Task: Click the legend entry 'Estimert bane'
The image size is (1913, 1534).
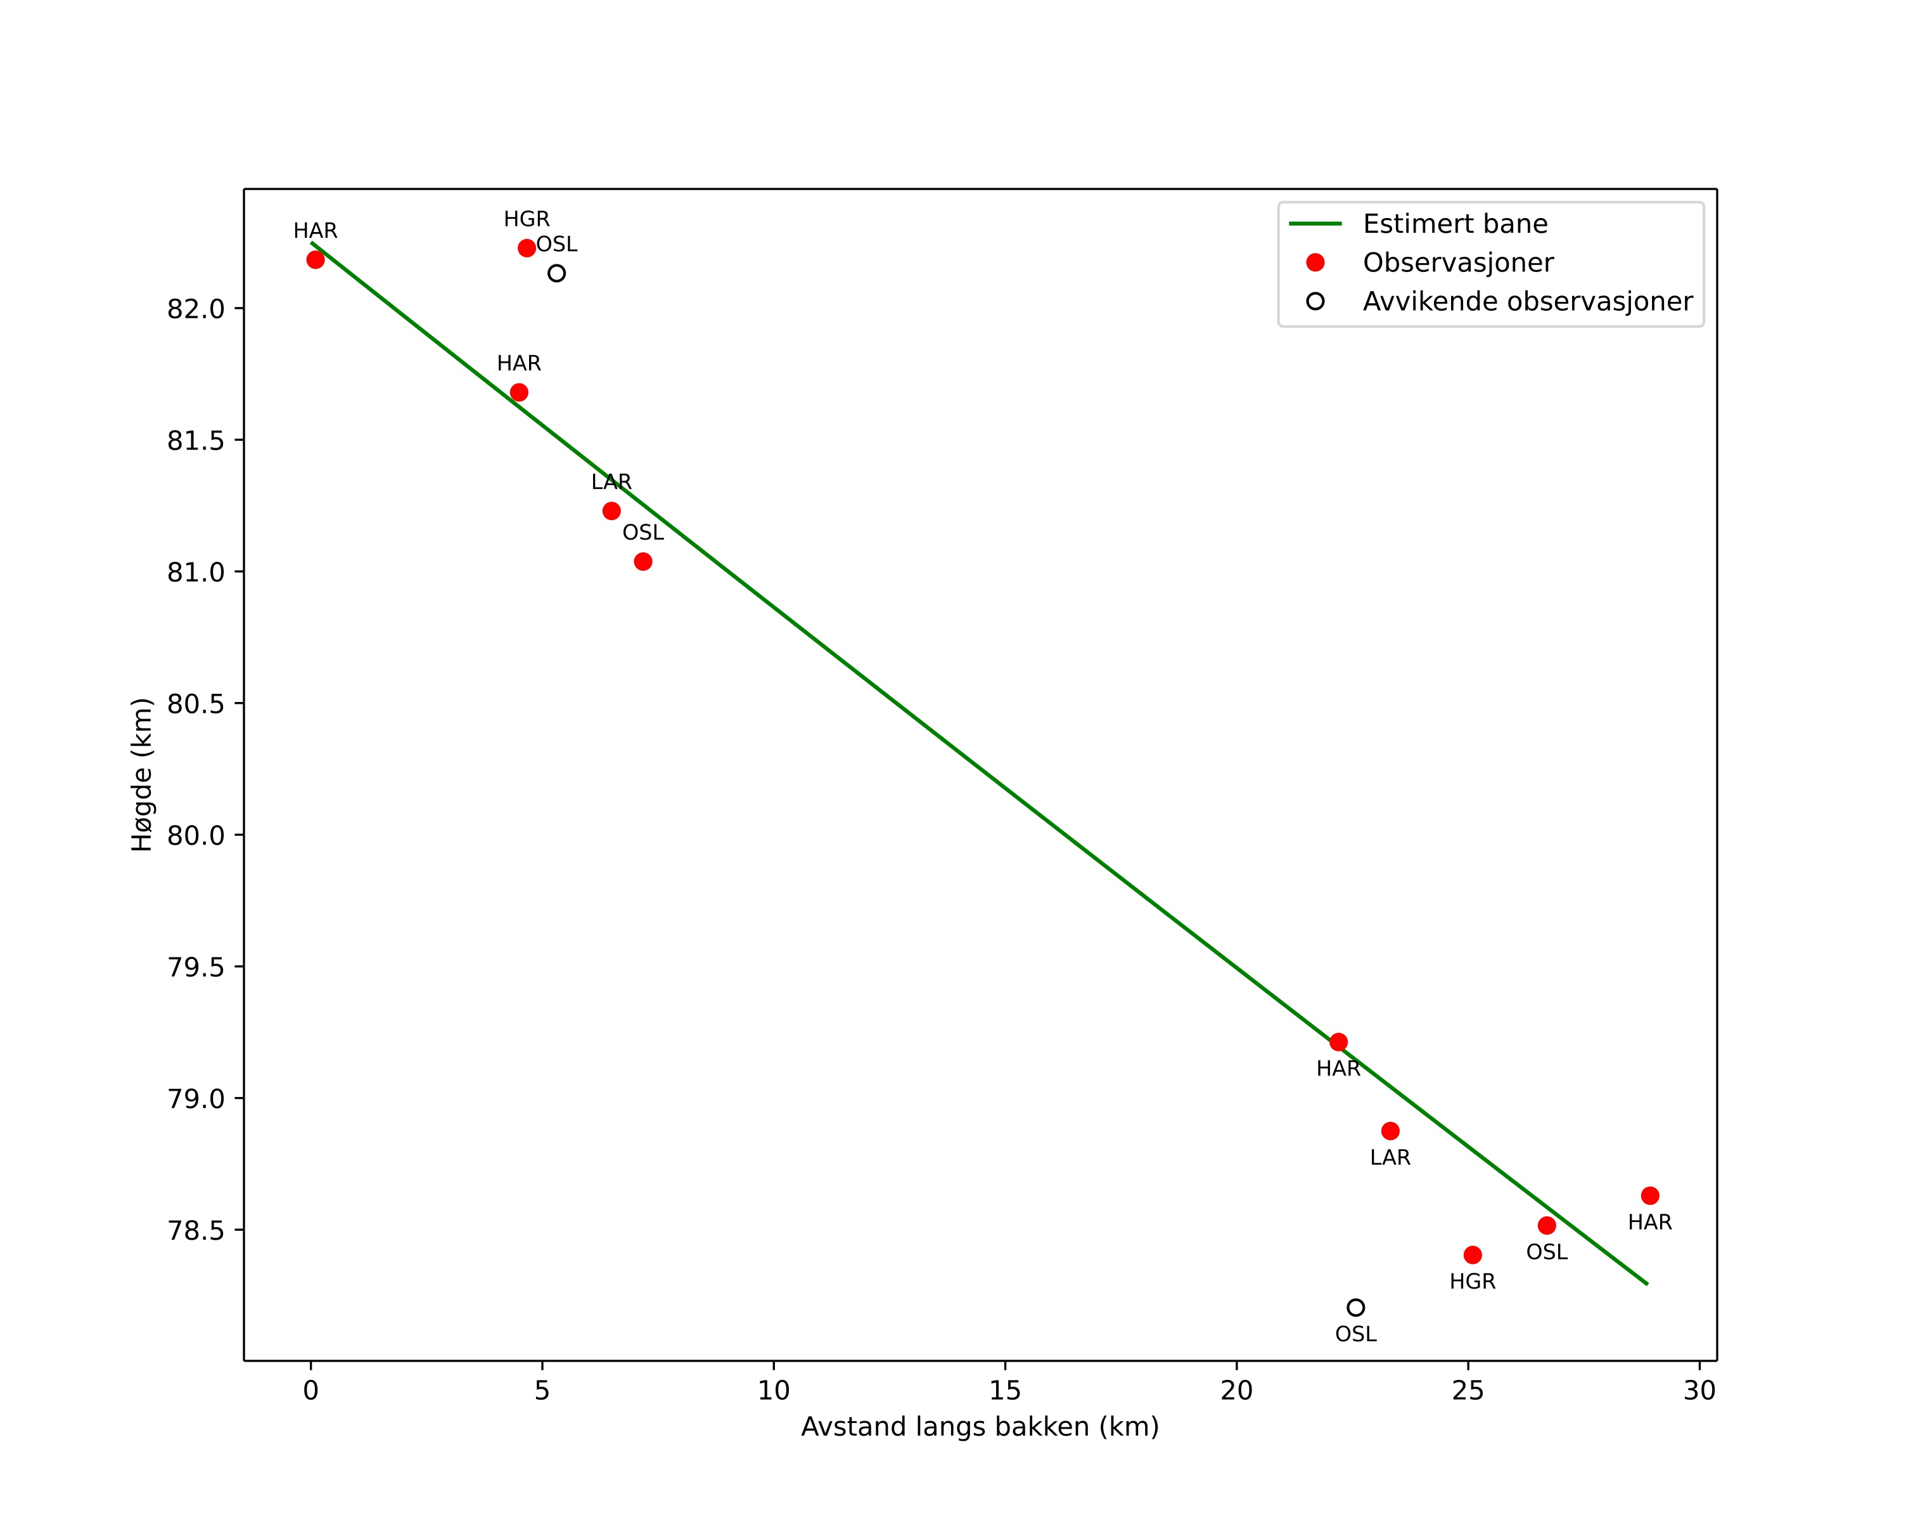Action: [x=1454, y=224]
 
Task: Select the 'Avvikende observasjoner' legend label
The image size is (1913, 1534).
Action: [x=1527, y=302]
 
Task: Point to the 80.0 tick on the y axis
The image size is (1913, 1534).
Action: [x=196, y=835]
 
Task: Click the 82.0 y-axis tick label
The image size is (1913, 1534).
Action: [x=196, y=309]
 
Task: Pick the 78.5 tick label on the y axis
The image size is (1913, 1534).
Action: [x=196, y=1230]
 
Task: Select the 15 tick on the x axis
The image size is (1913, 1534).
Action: [x=1006, y=1390]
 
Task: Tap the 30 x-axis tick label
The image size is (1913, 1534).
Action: [x=1699, y=1390]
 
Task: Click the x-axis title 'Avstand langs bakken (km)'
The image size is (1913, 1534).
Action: [x=980, y=1427]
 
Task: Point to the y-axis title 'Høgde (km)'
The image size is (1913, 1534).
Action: [x=142, y=775]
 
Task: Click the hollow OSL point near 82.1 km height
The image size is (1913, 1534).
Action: [x=556, y=273]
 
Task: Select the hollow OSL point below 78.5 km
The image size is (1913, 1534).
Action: [x=1356, y=1308]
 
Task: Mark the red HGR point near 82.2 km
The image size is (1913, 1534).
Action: [x=527, y=248]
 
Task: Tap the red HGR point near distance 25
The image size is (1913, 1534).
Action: [x=1473, y=1255]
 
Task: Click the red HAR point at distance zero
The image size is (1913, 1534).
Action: [x=315, y=260]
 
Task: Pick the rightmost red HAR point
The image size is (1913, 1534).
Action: [x=1651, y=1196]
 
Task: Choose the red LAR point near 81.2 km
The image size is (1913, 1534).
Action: [x=611, y=511]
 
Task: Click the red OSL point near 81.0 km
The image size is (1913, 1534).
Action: [x=643, y=562]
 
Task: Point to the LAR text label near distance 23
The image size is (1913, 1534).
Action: [x=1390, y=1157]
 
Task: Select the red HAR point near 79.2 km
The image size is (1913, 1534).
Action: [x=1339, y=1042]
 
